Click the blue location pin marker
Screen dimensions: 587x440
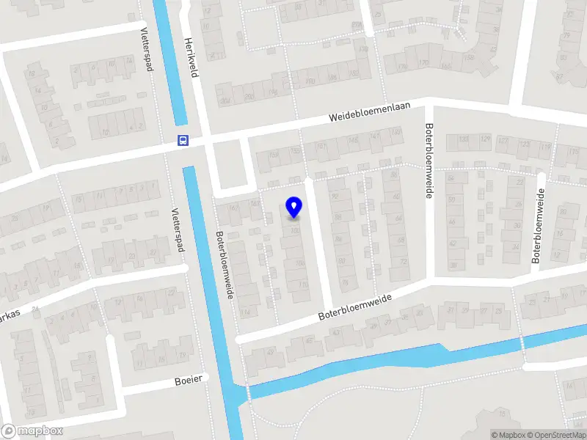tap(293, 208)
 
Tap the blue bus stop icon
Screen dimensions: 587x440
tap(183, 141)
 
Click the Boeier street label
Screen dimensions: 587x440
tap(188, 381)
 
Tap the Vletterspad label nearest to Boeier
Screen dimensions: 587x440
tap(178, 230)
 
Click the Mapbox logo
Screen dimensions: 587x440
tap(31, 430)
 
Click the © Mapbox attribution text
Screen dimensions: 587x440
tap(508, 435)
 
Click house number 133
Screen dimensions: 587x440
tap(463, 139)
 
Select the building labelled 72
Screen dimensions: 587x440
tap(403, 261)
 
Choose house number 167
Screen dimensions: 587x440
tap(234, 209)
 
